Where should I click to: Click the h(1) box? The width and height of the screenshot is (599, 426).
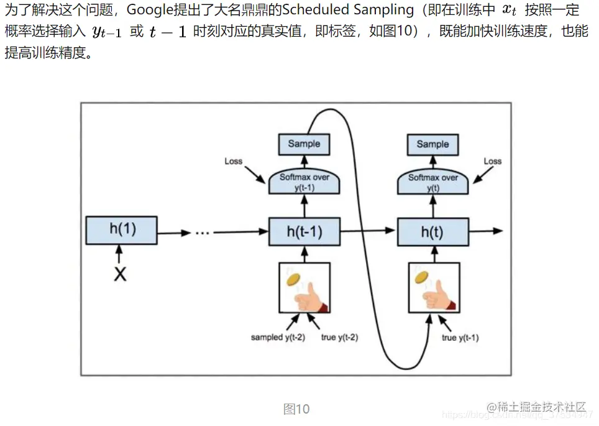(x=122, y=229)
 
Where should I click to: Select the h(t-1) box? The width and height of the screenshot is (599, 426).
(x=304, y=232)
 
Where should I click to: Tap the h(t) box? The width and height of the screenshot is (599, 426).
(x=432, y=232)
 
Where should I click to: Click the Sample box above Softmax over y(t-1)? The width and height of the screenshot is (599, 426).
(x=304, y=144)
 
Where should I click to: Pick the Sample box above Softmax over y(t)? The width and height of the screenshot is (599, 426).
(x=432, y=144)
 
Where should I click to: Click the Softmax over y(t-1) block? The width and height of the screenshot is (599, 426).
(x=304, y=182)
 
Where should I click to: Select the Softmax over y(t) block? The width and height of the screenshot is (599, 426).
(x=432, y=182)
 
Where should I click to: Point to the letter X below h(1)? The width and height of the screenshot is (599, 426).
(x=121, y=273)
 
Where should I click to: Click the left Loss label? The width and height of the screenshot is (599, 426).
(x=233, y=161)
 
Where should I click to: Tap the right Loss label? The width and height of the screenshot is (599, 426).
(x=492, y=161)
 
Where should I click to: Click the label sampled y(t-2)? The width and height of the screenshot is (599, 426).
(x=278, y=338)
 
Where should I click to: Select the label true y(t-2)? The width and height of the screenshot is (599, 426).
(x=339, y=338)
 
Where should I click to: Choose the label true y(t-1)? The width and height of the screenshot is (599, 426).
(x=460, y=338)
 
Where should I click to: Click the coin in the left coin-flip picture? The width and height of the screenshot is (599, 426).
(x=293, y=280)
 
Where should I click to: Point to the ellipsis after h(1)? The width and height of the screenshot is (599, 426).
(x=203, y=233)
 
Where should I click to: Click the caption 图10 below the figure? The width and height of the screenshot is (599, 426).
(x=296, y=409)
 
